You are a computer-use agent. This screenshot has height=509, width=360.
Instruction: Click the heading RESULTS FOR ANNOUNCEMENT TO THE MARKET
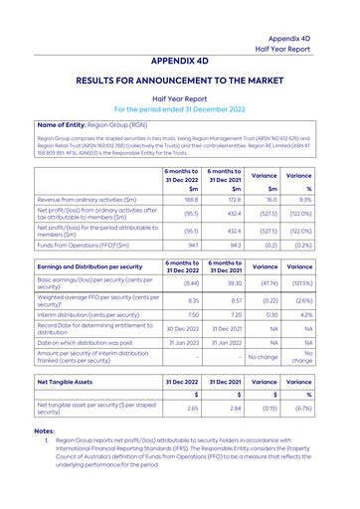pos(180,76)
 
